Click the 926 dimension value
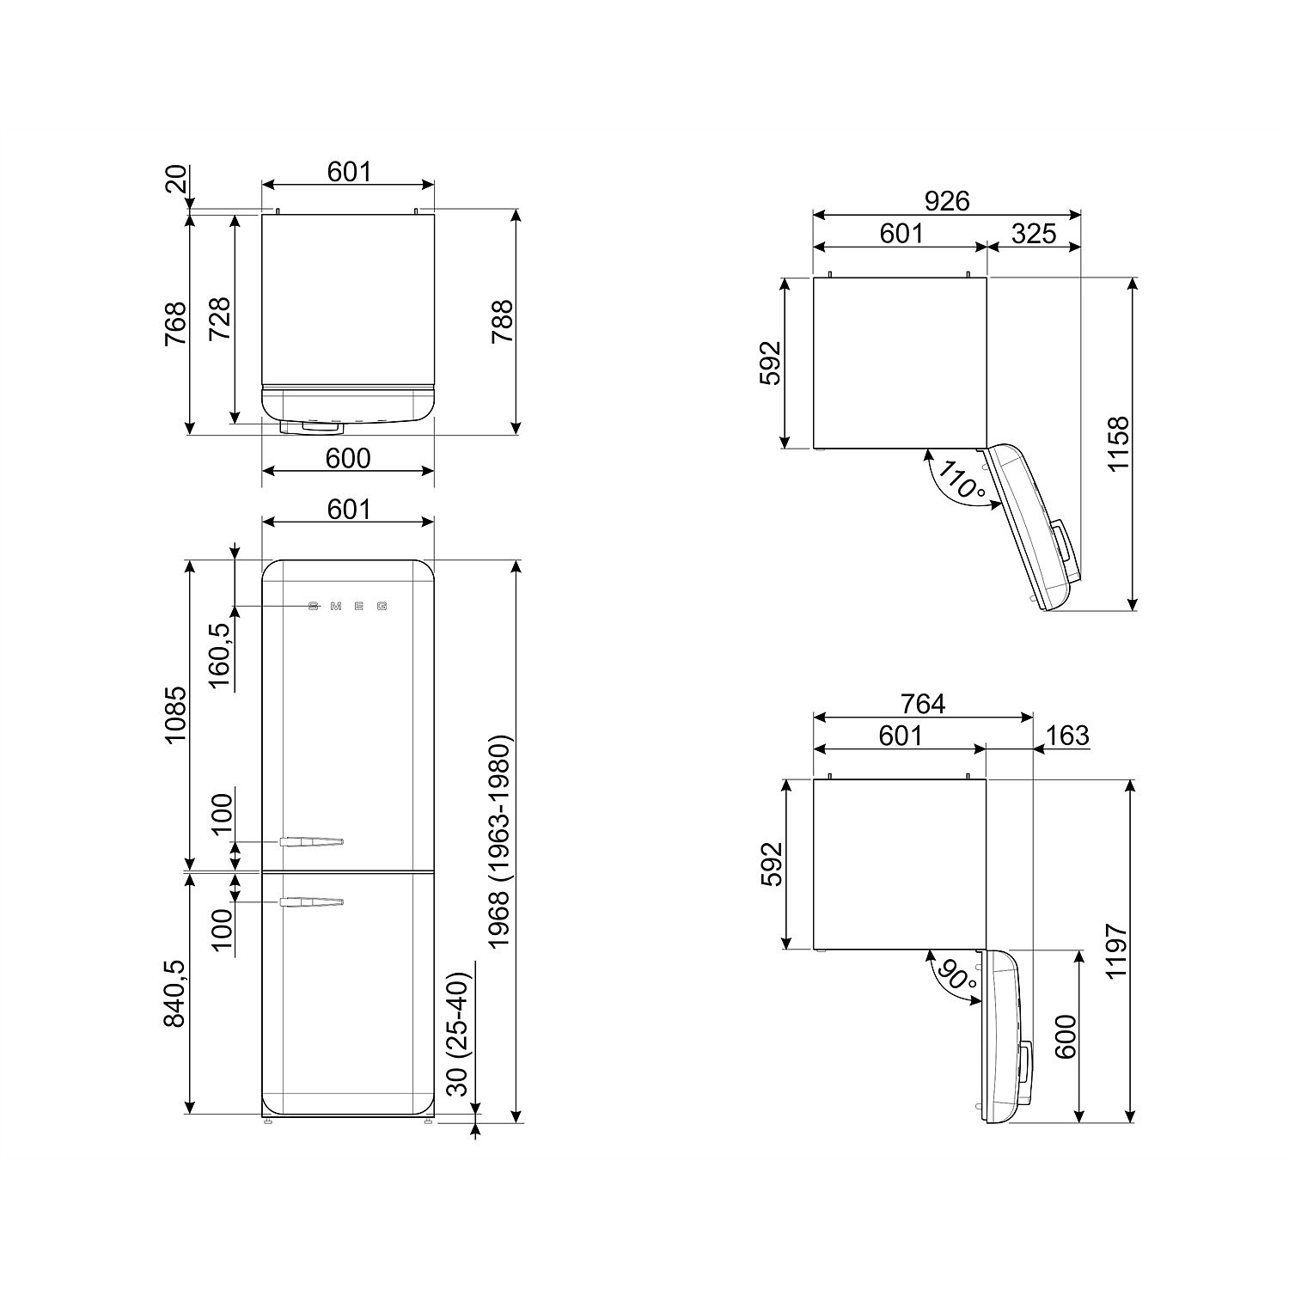coord(946,201)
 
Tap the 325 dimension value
coord(1033,233)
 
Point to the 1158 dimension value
coord(1118,443)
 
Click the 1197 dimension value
coord(1116,951)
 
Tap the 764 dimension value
coord(923,704)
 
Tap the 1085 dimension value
coord(174,715)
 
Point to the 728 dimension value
coord(221,319)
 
